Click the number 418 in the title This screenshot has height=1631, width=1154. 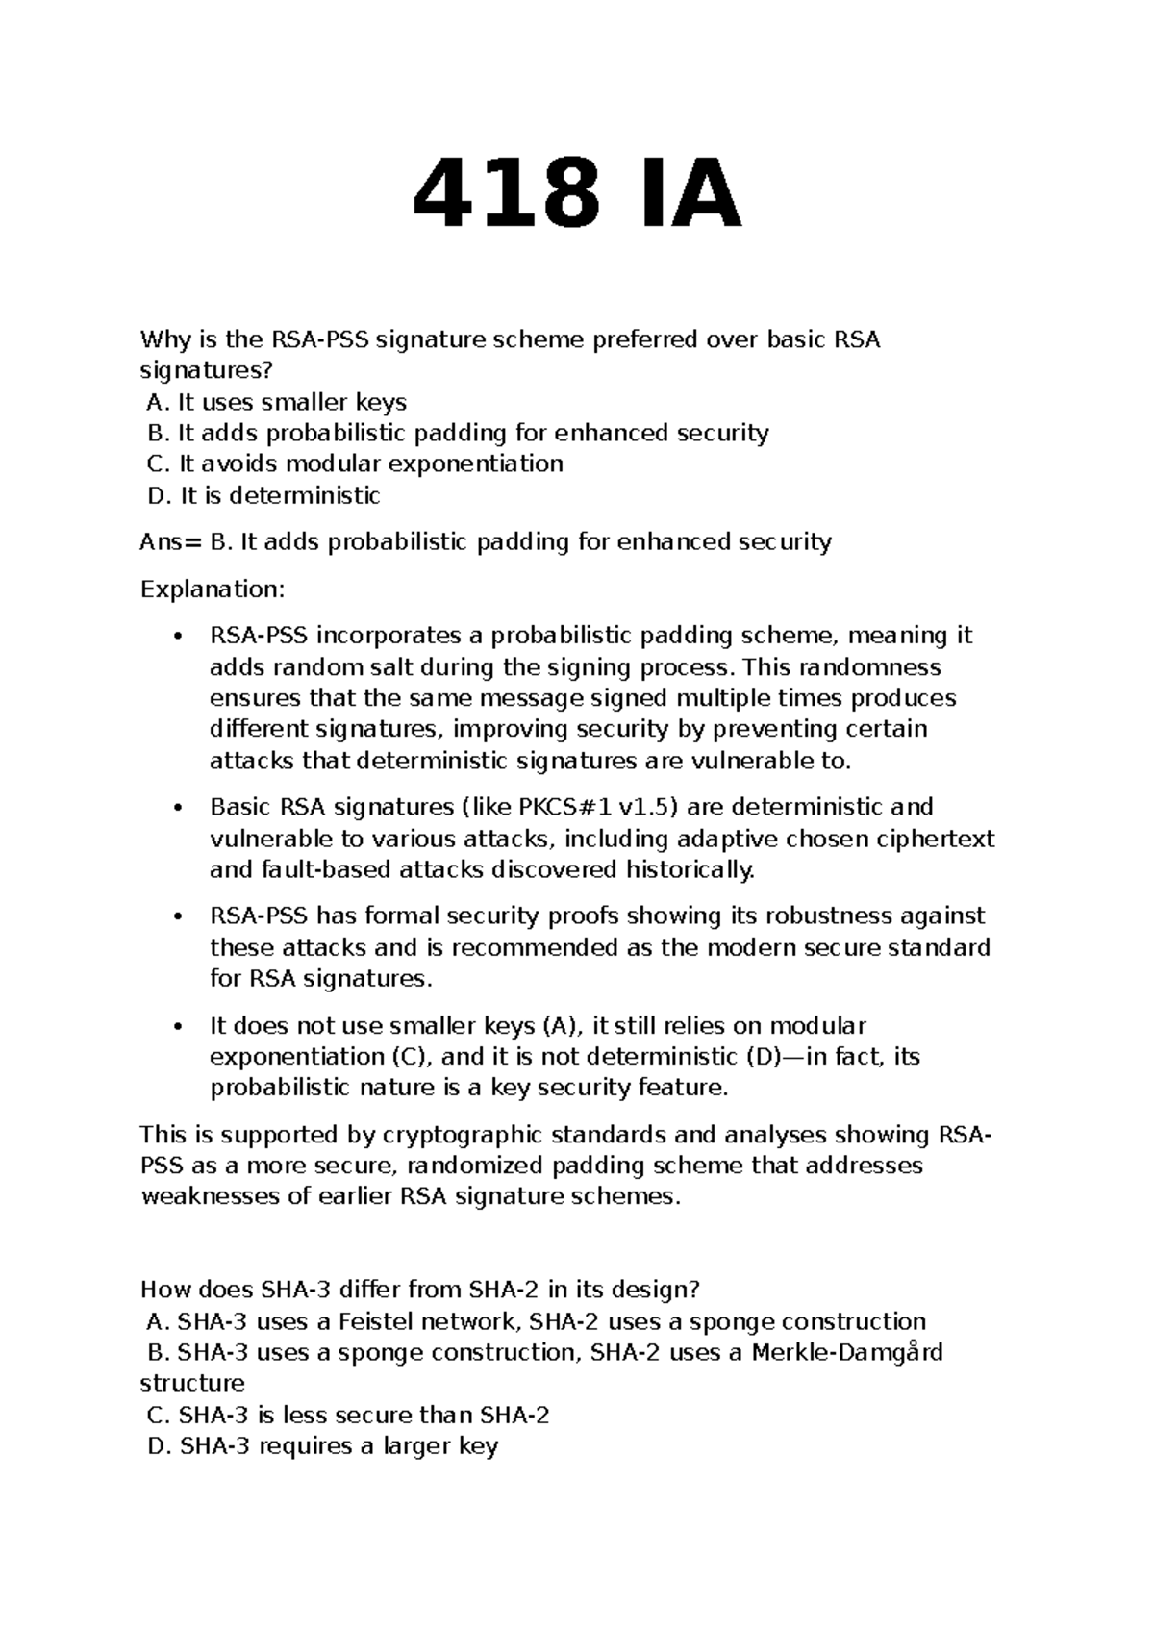506,196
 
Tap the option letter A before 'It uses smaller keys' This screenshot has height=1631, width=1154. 158,402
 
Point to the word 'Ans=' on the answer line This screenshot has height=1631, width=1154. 171,541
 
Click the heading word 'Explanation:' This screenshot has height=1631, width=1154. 213,589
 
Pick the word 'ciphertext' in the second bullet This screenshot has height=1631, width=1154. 935,839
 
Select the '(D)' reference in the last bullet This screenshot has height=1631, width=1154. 765,1056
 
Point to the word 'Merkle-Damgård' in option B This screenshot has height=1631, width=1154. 846,1352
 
